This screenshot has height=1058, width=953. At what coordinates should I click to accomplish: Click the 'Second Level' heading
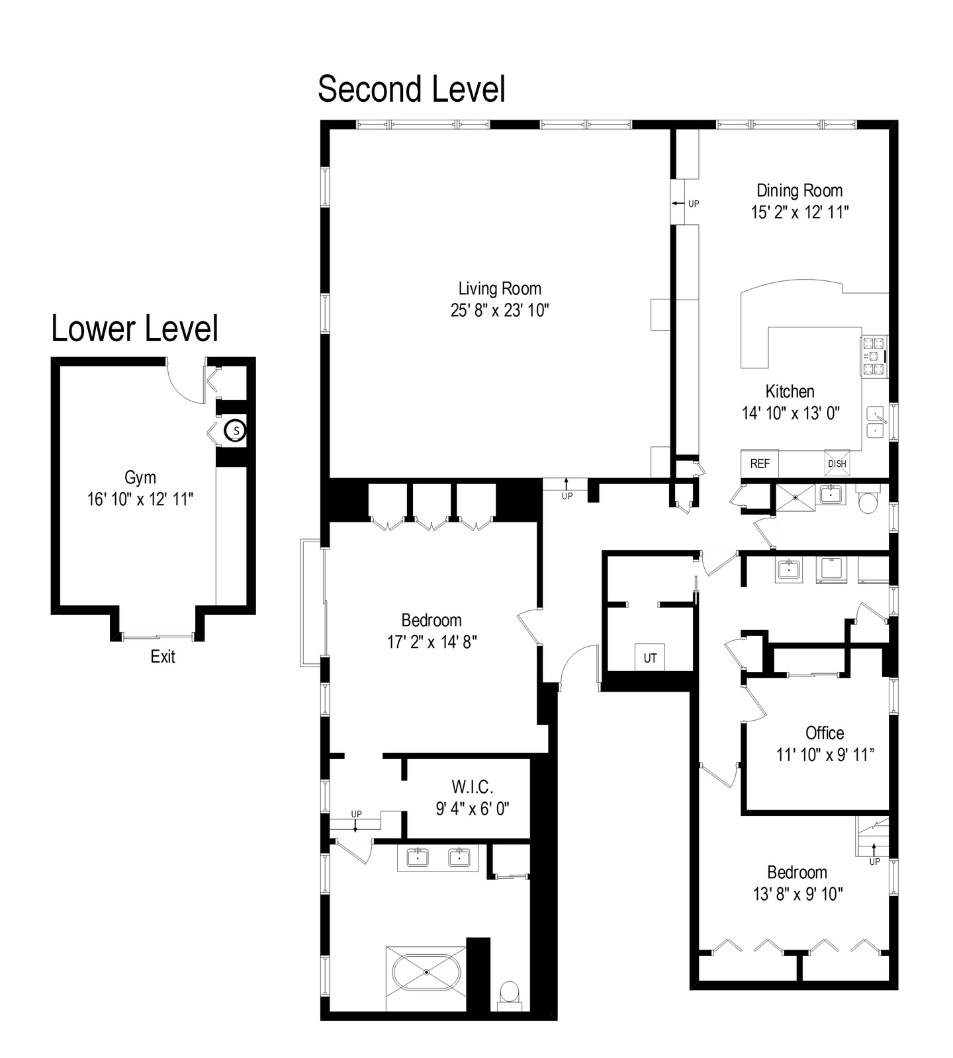(x=411, y=89)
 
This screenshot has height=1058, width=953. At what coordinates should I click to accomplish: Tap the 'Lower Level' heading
(x=135, y=329)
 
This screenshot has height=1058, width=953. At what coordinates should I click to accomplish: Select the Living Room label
(x=500, y=288)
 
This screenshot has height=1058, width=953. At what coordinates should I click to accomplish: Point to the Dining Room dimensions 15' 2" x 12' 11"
(x=799, y=212)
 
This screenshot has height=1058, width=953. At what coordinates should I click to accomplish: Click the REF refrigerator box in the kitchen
(x=760, y=464)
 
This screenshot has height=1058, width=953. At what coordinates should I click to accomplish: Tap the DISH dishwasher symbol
(x=837, y=464)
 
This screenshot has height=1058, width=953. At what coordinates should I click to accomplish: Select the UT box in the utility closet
(x=650, y=658)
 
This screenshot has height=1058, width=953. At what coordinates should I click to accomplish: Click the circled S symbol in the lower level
(x=235, y=431)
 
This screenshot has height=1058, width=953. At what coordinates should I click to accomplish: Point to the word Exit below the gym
(x=163, y=657)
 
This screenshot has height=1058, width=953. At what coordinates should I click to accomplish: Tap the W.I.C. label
(x=473, y=787)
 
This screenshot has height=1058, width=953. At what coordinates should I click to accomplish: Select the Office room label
(x=825, y=733)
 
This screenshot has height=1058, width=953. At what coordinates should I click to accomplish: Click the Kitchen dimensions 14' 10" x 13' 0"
(x=790, y=413)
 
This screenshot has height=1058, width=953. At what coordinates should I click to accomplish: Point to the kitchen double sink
(x=876, y=422)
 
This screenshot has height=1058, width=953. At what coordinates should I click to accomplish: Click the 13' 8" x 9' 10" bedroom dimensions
(x=797, y=894)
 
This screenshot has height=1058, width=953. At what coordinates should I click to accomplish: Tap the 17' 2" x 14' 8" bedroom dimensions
(x=431, y=642)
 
